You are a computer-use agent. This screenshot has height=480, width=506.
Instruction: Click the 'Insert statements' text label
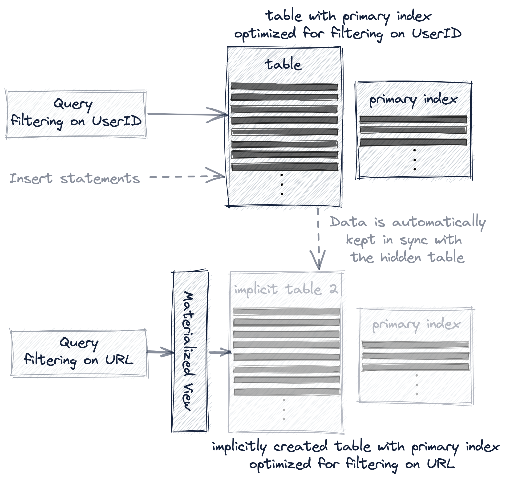pyautogui.click(x=74, y=178)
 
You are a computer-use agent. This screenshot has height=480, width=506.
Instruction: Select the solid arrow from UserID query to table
pyautogui.click(x=187, y=114)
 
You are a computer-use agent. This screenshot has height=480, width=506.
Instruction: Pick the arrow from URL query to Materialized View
pyautogui.click(x=160, y=352)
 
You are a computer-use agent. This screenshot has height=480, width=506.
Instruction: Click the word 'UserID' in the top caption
pyautogui.click(x=437, y=33)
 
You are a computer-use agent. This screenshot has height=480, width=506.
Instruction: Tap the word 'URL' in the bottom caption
pyautogui.click(x=441, y=463)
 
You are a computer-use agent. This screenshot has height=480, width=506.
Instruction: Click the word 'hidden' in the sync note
pyautogui.click(x=401, y=257)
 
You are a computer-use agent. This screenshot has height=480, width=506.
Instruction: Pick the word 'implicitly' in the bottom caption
pyautogui.click(x=239, y=447)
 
